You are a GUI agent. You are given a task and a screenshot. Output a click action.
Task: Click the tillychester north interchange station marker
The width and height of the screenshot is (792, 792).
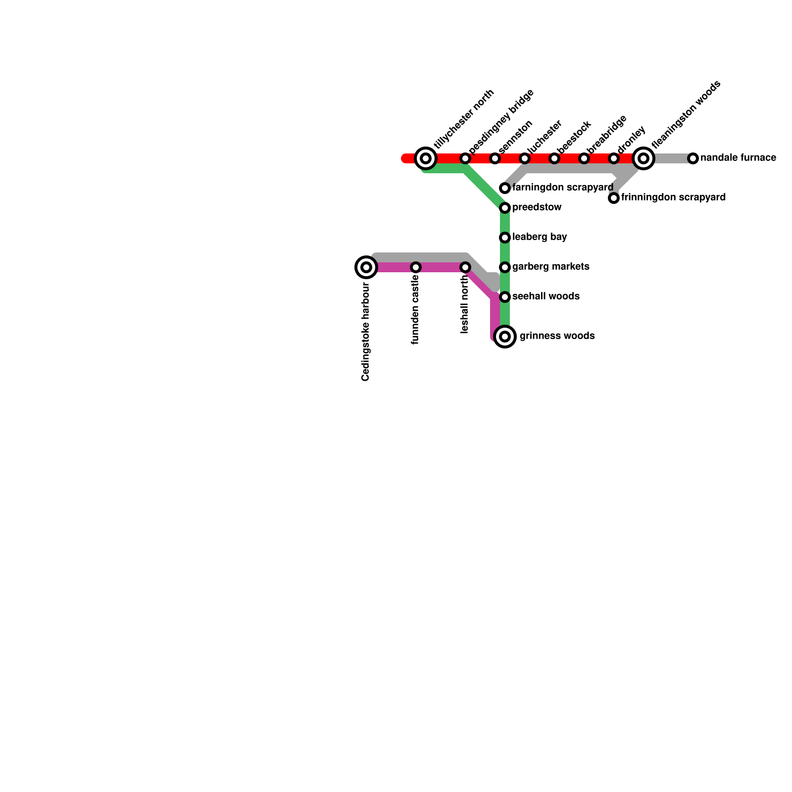[x=426, y=158]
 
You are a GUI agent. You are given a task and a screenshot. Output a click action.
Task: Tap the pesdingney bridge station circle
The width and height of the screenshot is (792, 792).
[x=465, y=158]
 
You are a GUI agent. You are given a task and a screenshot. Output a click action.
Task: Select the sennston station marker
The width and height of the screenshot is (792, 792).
[x=495, y=158]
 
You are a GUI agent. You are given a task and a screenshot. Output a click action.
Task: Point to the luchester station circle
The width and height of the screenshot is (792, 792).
[x=525, y=158]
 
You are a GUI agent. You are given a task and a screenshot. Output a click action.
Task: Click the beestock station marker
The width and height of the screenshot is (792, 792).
[x=554, y=158]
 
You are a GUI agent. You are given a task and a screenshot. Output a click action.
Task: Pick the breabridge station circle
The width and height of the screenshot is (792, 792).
[x=584, y=158]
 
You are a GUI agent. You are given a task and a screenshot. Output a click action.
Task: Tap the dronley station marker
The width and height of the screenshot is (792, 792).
[x=614, y=158]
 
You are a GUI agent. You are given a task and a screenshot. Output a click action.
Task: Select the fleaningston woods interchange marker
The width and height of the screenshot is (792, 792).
[x=643, y=158]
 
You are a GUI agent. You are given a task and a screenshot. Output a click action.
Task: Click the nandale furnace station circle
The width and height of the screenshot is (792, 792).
[x=693, y=158]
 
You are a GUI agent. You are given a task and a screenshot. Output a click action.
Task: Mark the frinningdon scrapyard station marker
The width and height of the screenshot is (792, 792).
[x=614, y=198]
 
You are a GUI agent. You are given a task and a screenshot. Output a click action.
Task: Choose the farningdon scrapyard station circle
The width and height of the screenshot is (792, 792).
[x=505, y=188]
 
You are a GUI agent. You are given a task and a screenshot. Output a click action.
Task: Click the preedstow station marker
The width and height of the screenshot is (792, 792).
[x=505, y=208]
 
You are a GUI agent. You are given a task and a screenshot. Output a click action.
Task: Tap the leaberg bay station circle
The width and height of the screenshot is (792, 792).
[x=505, y=238]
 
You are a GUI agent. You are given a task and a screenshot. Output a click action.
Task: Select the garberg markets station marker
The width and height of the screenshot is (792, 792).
[x=505, y=267]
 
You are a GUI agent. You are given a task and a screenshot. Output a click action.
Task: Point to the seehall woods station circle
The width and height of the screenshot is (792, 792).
[x=505, y=297]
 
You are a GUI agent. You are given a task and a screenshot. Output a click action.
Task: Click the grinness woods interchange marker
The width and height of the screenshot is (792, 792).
[x=505, y=337]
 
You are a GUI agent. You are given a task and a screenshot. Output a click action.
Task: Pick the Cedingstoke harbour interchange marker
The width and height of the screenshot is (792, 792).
[x=366, y=267]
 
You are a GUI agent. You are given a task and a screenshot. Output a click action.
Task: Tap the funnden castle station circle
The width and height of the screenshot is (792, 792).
[x=416, y=267]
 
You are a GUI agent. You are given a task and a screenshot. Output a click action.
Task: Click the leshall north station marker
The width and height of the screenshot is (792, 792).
[x=465, y=267]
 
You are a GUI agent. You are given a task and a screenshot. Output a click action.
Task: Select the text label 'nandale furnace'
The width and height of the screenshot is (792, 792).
[x=738, y=158]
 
